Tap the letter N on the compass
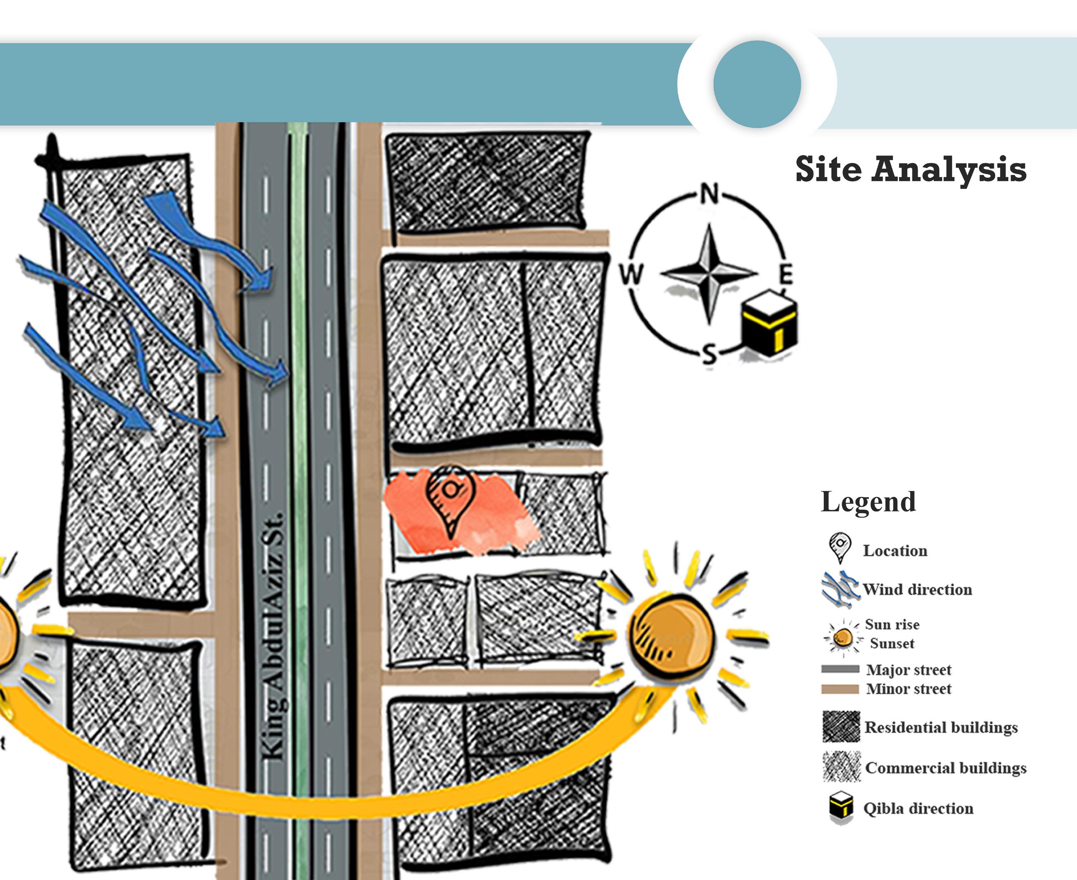click(709, 194)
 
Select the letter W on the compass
click(631, 274)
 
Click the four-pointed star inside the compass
click(709, 274)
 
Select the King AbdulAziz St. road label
click(273, 636)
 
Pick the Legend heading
click(868, 502)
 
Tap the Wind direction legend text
click(917, 589)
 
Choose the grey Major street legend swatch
click(840, 669)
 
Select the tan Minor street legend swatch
click(840, 689)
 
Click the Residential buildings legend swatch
click(841, 727)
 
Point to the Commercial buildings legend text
click(946, 768)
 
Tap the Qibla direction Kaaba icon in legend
click(841, 808)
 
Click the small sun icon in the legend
click(842, 637)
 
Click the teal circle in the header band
click(757, 84)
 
